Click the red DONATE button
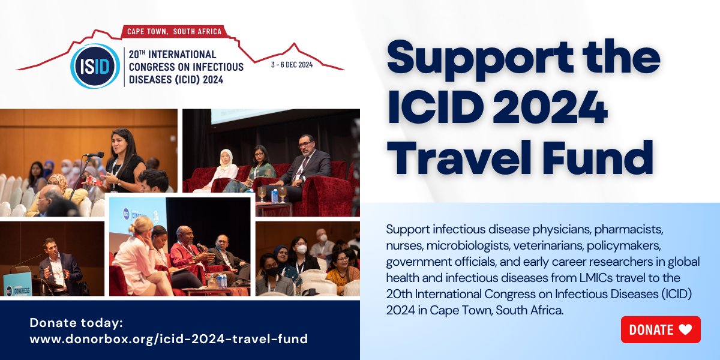click(660, 329)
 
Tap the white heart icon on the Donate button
click(685, 329)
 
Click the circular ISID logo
click(95, 66)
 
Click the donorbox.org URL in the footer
click(169, 339)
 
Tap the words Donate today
click(76, 323)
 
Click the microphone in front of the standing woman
click(94, 155)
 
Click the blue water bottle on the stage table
click(274, 196)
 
